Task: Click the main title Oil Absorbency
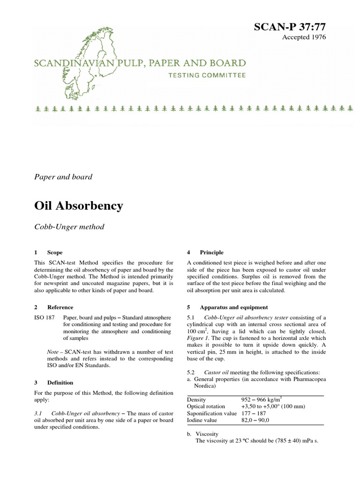pyautogui.click(x=79, y=205)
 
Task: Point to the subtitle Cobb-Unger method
pyautogui.click(x=69, y=227)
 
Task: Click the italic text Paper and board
pyautogui.click(x=63, y=177)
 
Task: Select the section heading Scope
pyautogui.click(x=55, y=252)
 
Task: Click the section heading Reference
pyautogui.click(x=60, y=307)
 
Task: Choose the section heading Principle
pyautogui.click(x=211, y=252)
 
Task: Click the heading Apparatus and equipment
pyautogui.click(x=233, y=307)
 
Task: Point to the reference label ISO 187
pyautogui.click(x=45, y=317)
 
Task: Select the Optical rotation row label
pyautogui.click(x=206, y=406)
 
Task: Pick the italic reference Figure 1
pyautogui.click(x=198, y=338)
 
